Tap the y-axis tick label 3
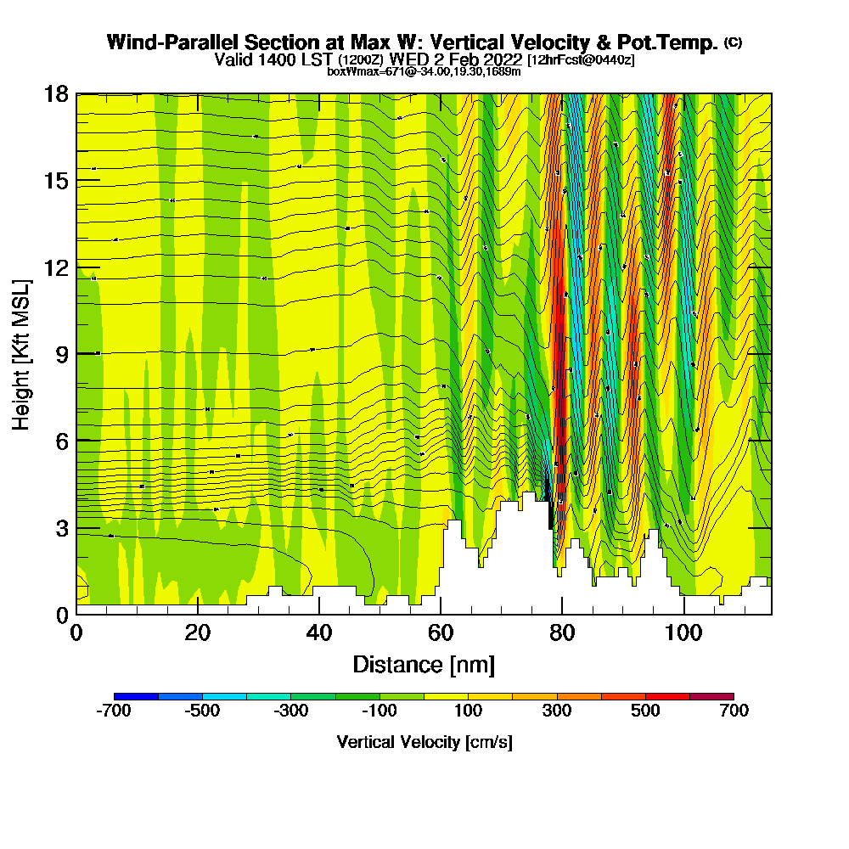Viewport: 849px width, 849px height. [62, 528]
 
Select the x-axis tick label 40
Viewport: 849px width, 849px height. [319, 633]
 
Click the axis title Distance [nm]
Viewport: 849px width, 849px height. [424, 664]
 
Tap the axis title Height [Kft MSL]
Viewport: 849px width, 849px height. [22, 353]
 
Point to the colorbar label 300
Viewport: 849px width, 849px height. [557, 711]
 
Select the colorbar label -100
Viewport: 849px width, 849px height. [379, 711]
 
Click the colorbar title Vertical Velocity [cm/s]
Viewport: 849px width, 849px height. [424, 743]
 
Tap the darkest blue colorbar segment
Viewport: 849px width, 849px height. [136, 696]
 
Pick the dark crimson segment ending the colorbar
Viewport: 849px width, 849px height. [711, 696]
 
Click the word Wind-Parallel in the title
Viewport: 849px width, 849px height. [167, 42]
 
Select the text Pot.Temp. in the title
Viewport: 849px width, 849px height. [671, 42]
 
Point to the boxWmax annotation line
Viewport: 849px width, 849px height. [424, 71]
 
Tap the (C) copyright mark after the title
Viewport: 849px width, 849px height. [734, 42]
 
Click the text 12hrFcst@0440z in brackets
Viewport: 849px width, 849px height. [581, 60]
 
